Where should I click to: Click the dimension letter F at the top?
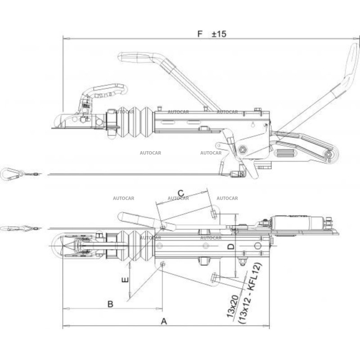tap(200, 34)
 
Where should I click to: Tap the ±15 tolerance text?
tap(219, 34)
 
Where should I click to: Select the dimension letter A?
tap(164, 321)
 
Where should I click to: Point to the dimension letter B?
tap(110, 304)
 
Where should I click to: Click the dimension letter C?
tap(181, 193)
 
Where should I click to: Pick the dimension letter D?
tap(231, 247)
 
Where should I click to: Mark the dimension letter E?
tap(125, 280)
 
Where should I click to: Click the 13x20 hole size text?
tap(233, 306)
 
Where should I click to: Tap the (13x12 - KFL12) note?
tap(250, 293)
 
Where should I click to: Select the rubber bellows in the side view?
tap(135, 122)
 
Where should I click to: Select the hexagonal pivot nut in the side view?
tap(242, 150)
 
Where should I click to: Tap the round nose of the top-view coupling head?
tap(57, 246)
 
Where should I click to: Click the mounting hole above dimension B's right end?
tap(162, 264)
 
